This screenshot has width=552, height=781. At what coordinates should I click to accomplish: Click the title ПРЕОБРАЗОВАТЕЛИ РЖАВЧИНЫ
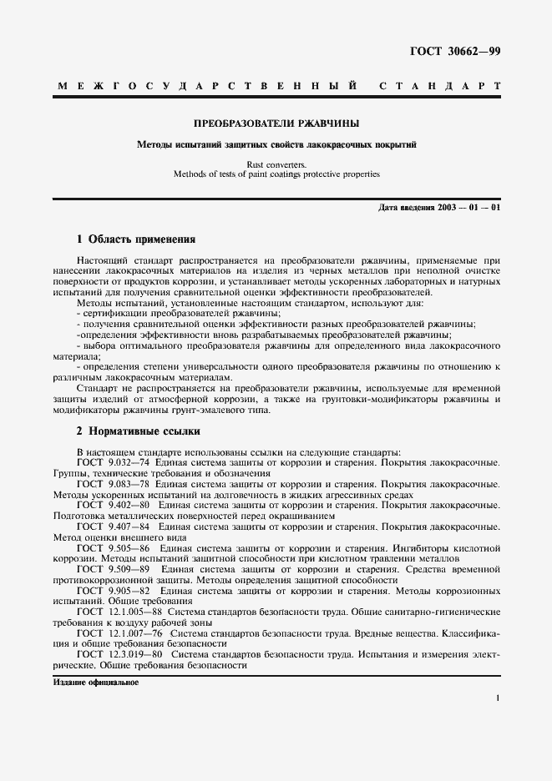[276, 123]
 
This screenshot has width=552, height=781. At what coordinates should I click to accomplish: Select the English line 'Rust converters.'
[276, 164]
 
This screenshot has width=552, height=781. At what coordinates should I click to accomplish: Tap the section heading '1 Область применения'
[135, 239]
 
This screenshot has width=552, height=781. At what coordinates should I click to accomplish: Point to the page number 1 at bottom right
[497, 698]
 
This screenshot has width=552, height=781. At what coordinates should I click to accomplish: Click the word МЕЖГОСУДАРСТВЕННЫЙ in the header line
[205, 86]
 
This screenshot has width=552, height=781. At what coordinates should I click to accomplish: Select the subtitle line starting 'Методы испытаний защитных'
[276, 144]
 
